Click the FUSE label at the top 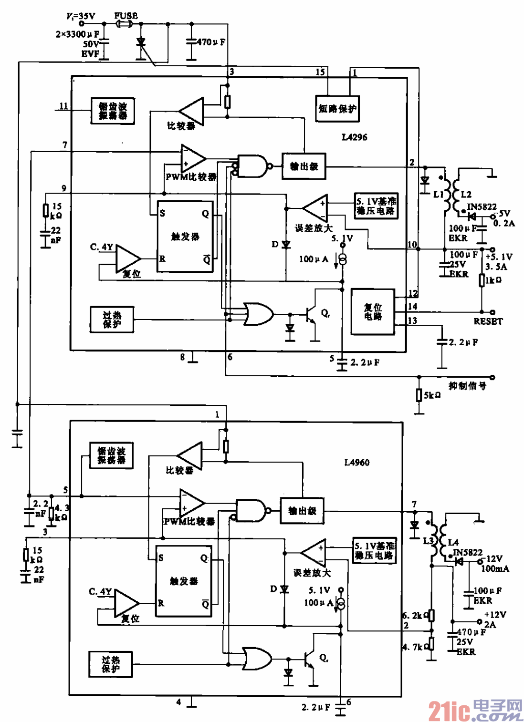point(126,15)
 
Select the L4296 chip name point(355,137)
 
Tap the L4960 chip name point(356,462)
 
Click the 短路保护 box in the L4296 point(337,109)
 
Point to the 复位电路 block point(373,311)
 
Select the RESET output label point(488,321)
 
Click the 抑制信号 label point(467,385)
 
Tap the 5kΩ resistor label point(432,395)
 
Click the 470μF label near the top point(211,42)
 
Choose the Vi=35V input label point(81,16)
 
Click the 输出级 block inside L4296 point(304,166)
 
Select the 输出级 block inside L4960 point(302,511)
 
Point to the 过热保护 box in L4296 point(112,320)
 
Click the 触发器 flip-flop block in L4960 point(184,581)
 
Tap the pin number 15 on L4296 point(320,72)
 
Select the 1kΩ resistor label point(493,280)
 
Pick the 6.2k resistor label point(412,616)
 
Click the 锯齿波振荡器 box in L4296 point(113,111)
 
